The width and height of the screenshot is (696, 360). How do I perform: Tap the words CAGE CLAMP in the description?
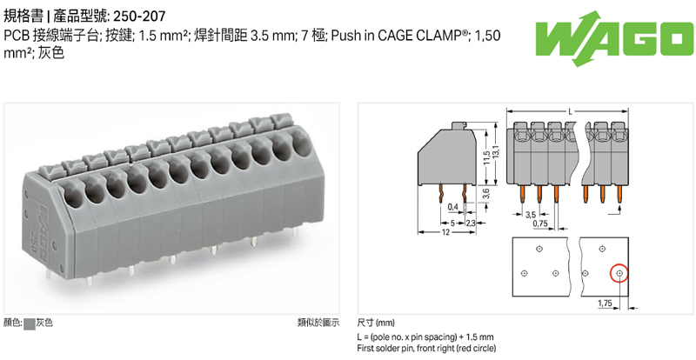[418, 36]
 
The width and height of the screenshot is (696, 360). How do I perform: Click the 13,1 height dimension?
[496, 152]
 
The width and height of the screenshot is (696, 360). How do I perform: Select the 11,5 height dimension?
[485, 159]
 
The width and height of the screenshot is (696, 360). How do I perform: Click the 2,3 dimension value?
[471, 223]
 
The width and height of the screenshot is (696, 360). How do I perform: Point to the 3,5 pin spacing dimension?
[530, 213]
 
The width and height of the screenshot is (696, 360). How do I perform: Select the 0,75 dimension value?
[540, 223]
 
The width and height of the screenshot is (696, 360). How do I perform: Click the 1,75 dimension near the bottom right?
[606, 303]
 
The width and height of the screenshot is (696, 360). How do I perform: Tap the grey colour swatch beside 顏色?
[30, 323]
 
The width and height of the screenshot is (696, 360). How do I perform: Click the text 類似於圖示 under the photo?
[318, 323]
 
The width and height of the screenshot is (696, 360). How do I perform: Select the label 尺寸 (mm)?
[375, 323]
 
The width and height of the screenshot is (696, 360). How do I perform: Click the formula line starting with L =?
[425, 337]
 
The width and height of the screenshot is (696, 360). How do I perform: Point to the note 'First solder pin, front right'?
[426, 348]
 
